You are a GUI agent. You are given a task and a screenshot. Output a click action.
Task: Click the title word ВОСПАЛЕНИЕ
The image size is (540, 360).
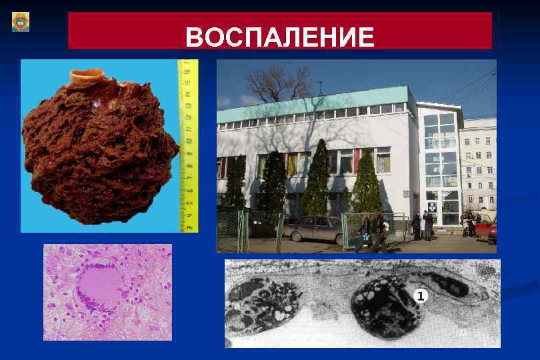280,37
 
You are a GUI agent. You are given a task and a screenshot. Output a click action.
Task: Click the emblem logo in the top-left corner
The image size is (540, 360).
21,22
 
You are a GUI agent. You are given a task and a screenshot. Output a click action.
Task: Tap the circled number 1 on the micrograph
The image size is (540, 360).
419,296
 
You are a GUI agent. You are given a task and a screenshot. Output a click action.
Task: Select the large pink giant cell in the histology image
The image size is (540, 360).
99,287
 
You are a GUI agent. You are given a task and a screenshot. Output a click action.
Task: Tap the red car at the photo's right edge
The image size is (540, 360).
491,230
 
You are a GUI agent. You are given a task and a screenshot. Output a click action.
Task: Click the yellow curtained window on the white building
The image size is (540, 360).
293,164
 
